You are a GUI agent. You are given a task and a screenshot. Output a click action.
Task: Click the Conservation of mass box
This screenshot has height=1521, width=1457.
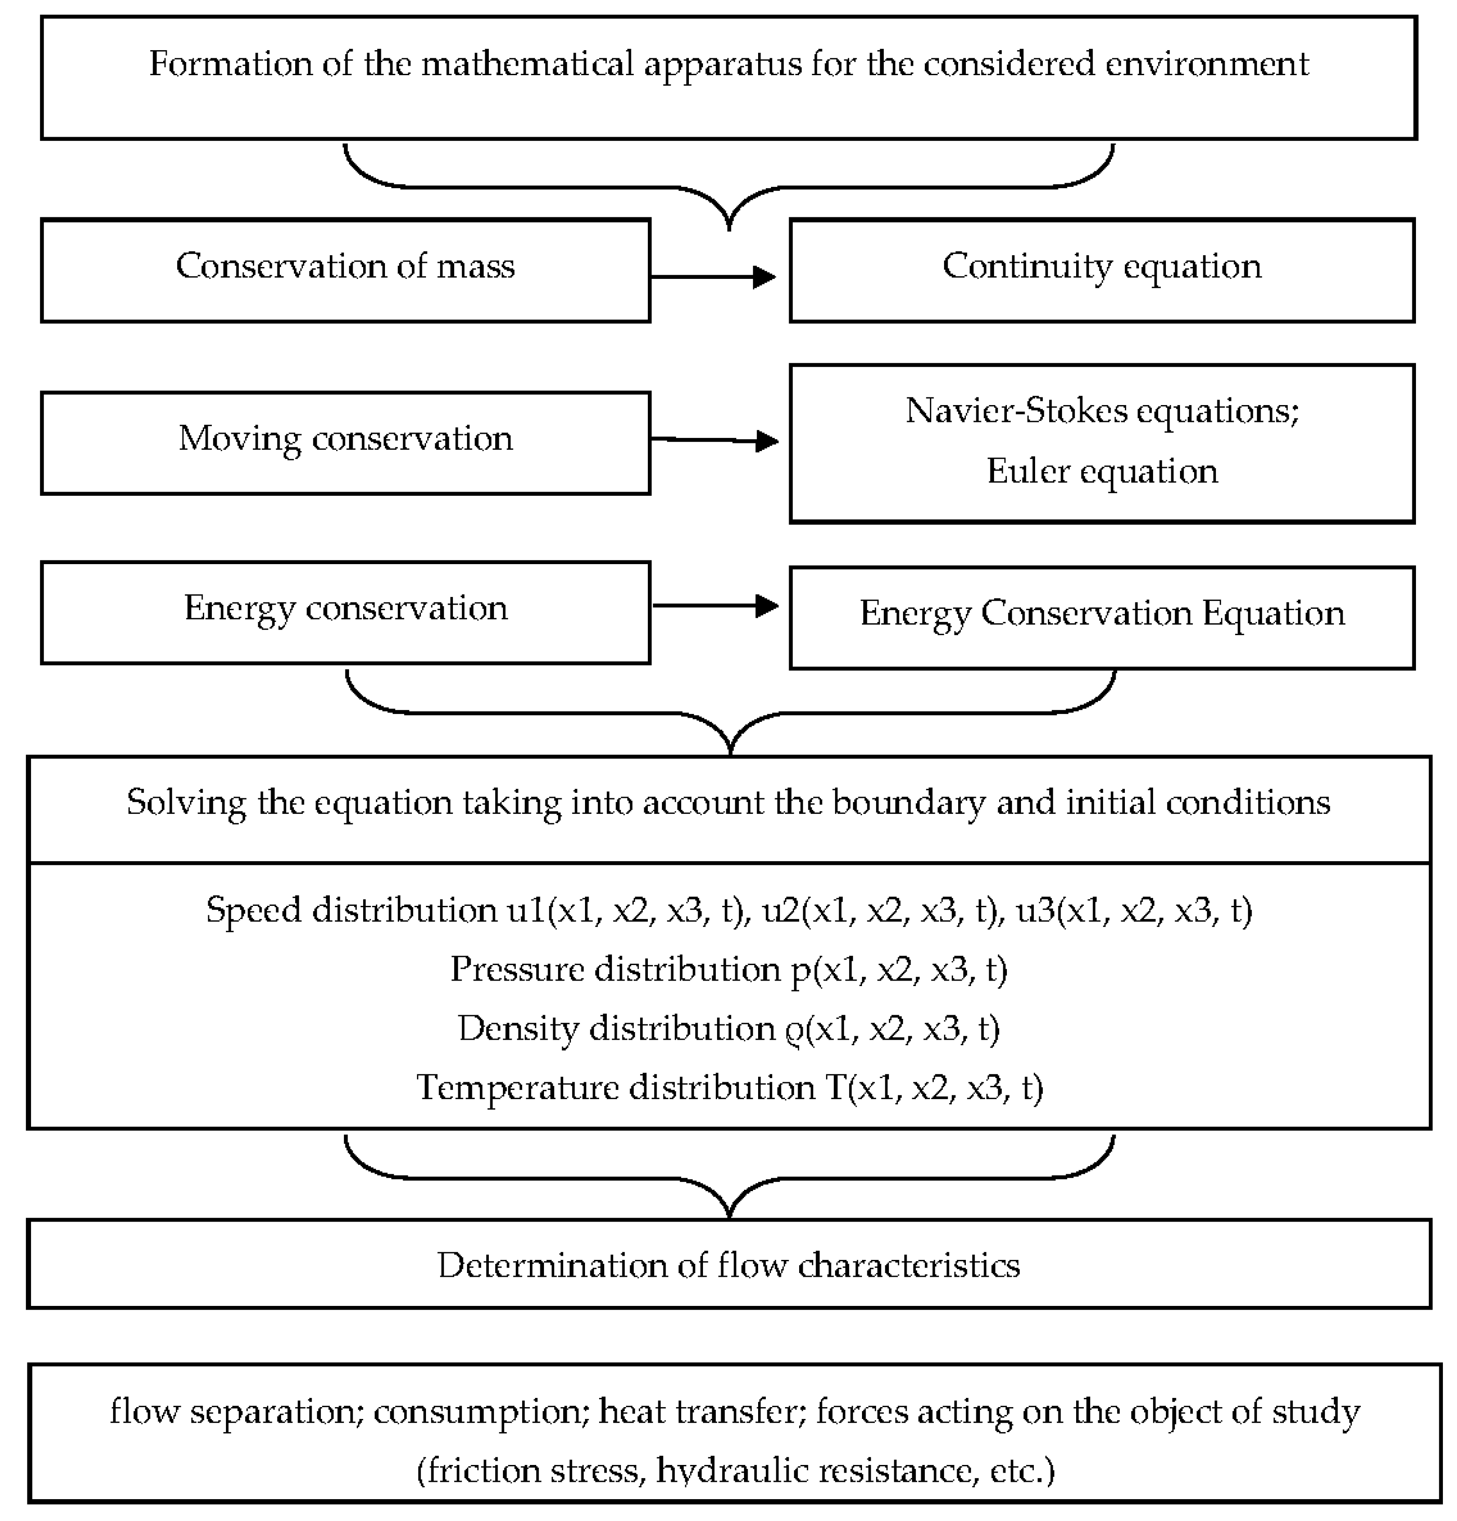click(x=345, y=270)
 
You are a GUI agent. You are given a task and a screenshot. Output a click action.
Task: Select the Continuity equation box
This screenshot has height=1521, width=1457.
click(x=1102, y=270)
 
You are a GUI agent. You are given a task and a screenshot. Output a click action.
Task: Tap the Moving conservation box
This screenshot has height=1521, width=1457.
click(x=345, y=442)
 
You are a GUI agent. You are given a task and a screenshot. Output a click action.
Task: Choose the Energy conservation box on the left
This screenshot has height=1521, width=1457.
click(x=345, y=612)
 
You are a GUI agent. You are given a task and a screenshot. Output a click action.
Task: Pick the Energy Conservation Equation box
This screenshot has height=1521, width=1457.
click(x=1102, y=617)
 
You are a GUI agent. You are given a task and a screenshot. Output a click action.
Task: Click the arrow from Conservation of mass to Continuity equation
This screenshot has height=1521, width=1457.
click(x=714, y=276)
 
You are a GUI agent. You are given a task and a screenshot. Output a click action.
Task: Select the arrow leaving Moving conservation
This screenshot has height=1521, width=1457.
click(x=714, y=440)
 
